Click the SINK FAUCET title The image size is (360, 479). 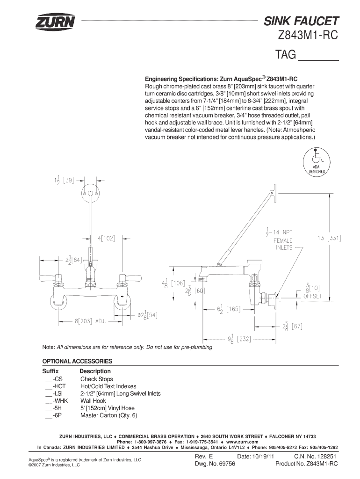pyautogui.click(x=301, y=21)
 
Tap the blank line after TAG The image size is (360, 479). pyautogui.click(x=318, y=60)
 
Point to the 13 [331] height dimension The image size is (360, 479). pyautogui.click(x=329, y=238)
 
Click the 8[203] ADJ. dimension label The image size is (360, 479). pyautogui.click(x=90, y=321)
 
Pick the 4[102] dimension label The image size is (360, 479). pyautogui.click(x=106, y=238)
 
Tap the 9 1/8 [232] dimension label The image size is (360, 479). pyautogui.click(x=239, y=339)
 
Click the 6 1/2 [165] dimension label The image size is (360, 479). pyautogui.click(x=229, y=309)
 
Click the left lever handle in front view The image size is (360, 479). pyautogui.click(x=50, y=278)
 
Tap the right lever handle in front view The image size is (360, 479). pyautogui.click(x=130, y=278)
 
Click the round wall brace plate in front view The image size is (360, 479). pyautogui.click(x=90, y=193)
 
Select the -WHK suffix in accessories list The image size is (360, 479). pyautogui.click(x=60, y=401)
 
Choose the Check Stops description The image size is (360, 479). pyautogui.click(x=96, y=379)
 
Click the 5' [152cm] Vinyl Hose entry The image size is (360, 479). pyautogui.click(x=108, y=408)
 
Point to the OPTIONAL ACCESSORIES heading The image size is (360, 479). pyautogui.click(x=77, y=361)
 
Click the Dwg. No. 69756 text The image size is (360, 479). pyautogui.click(x=215, y=464)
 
